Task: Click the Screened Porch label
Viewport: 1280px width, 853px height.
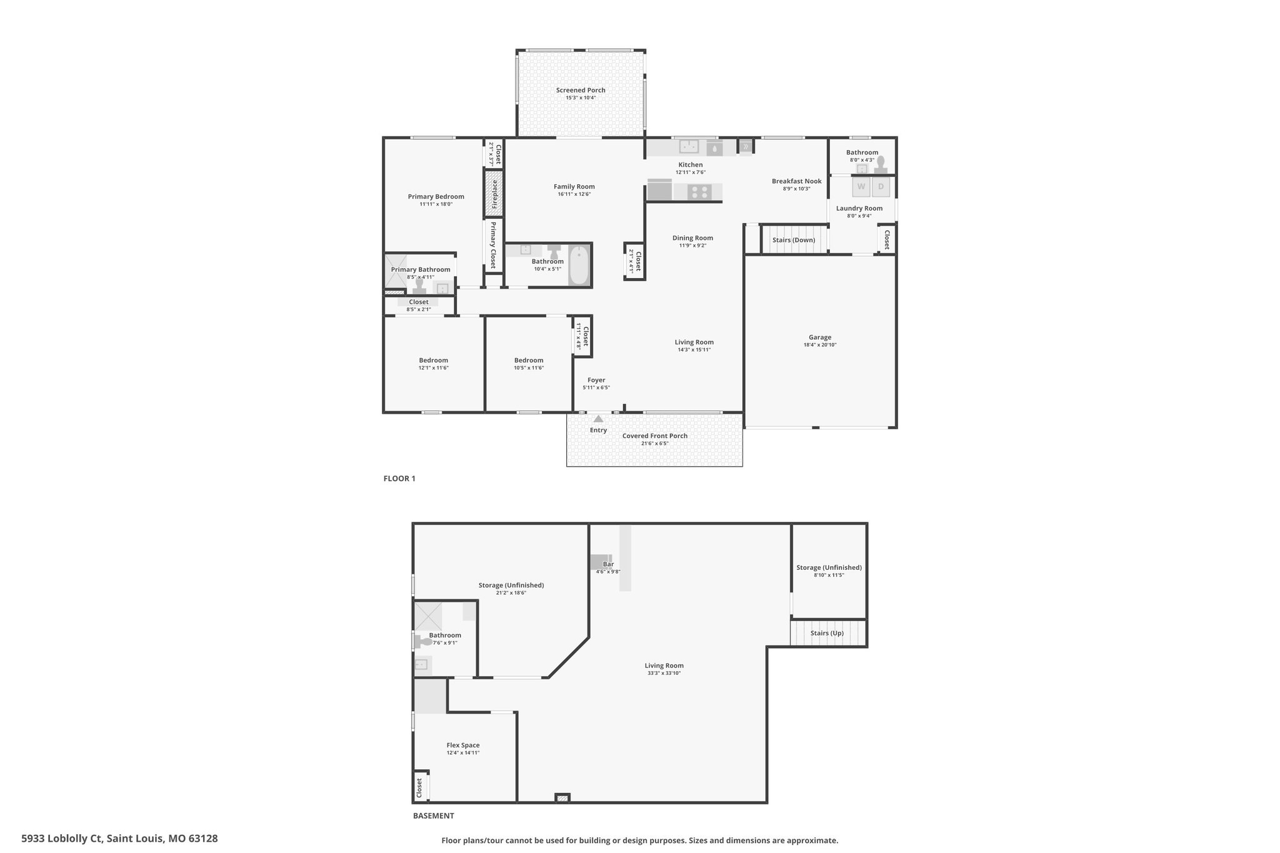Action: [581, 90]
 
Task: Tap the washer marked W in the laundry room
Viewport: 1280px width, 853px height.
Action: [861, 186]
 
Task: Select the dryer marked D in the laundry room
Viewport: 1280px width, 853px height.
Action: [881, 186]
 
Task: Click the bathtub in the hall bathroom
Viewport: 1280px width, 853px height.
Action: [579, 266]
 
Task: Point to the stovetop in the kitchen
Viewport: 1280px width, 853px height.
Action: [699, 192]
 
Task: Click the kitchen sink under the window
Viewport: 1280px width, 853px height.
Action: [689, 147]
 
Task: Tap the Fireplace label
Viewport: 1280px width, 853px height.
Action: [494, 194]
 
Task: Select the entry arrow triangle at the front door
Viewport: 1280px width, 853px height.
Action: [599, 419]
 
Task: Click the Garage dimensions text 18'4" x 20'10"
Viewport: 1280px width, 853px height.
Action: [820, 345]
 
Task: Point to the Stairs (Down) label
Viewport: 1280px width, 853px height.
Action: [794, 240]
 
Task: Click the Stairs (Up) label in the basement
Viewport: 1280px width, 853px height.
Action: [827, 633]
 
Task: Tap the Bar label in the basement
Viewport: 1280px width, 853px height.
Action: [608, 564]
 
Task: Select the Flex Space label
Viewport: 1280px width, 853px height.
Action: [463, 745]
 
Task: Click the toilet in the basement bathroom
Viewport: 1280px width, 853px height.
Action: [424, 641]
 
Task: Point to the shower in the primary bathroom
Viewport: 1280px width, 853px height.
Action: [395, 271]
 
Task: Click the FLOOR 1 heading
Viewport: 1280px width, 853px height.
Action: [399, 479]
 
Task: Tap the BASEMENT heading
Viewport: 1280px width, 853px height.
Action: [434, 816]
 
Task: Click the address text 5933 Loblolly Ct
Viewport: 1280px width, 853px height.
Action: [61, 839]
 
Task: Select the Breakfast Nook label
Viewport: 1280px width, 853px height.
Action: [797, 181]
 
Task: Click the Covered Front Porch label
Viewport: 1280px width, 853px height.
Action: [655, 436]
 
